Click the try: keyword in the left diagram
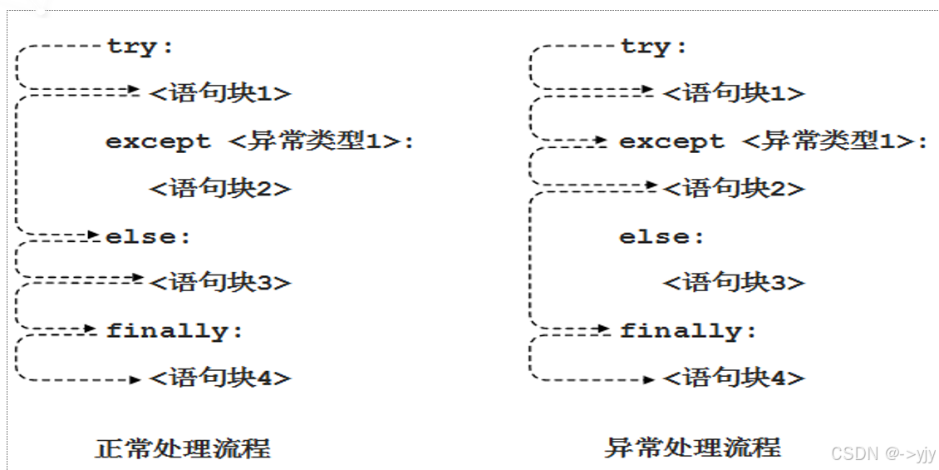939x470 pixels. pyautogui.click(x=140, y=47)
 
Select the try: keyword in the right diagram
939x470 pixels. pyautogui.click(x=654, y=47)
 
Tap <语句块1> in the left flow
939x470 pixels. pyautogui.click(x=220, y=93)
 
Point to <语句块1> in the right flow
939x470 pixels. pyautogui.click(x=734, y=93)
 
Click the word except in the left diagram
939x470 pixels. pyautogui.click(x=158, y=142)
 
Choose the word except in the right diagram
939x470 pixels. pyautogui.click(x=671, y=142)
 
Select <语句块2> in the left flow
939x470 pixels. pyautogui.click(x=220, y=189)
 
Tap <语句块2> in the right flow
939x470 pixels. pyautogui.click(x=734, y=189)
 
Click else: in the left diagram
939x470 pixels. pyautogui.click(x=149, y=237)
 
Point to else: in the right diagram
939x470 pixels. pyautogui.click(x=661, y=237)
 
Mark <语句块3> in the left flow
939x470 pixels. pyautogui.click(x=220, y=283)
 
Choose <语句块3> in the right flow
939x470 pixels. pyautogui.click(x=734, y=283)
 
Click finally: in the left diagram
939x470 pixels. pyautogui.click(x=175, y=331)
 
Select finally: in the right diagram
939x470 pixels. pyautogui.click(x=688, y=331)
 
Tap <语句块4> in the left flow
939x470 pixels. pyautogui.click(x=220, y=378)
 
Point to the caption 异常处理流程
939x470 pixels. pyautogui.click(x=692, y=447)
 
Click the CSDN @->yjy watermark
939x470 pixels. pyautogui.click(x=883, y=453)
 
